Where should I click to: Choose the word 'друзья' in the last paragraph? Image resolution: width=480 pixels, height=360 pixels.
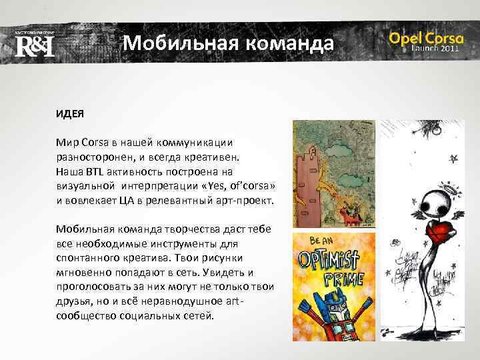pyautogui.click(x=74, y=301)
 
